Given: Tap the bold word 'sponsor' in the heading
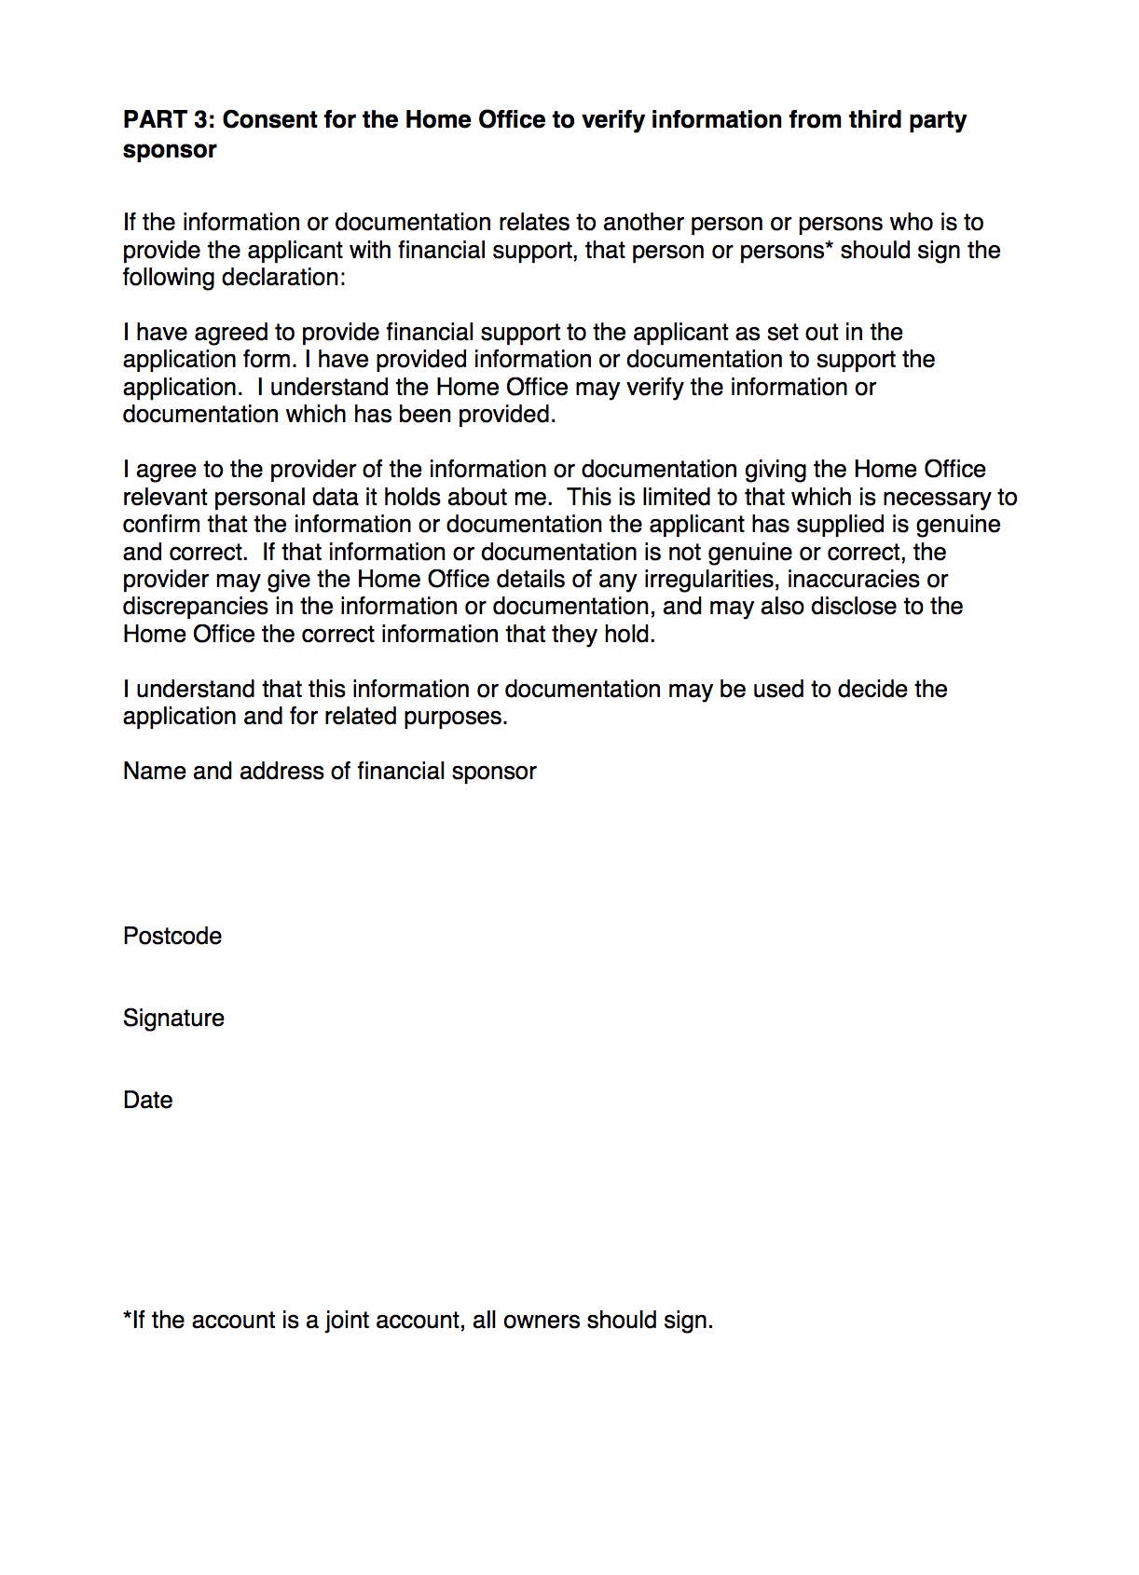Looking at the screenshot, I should pyautogui.click(x=170, y=150).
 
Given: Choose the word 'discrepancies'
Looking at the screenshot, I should pyautogui.click(x=196, y=607).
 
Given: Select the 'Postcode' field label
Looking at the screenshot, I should pyautogui.click(x=172, y=937).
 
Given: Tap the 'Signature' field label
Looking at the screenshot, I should pyautogui.click(x=173, y=1019).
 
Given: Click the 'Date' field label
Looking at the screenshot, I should pyautogui.click(x=147, y=1101).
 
